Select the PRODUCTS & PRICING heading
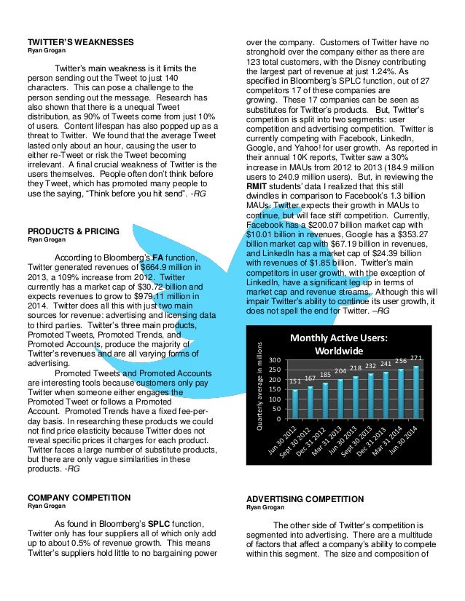coord(73,231)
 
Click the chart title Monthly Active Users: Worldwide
coord(339,343)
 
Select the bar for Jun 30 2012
coord(295,404)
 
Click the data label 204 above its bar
coord(340,371)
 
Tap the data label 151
coord(295,381)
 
